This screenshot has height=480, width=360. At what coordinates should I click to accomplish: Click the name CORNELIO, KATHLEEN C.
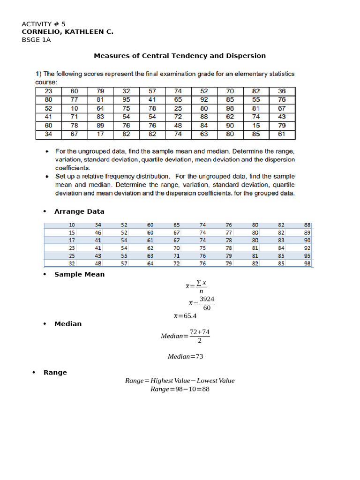[x=67, y=32]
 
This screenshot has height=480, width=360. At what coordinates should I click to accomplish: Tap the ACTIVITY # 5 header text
[x=44, y=24]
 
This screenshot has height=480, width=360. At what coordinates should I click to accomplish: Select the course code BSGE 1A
[x=36, y=40]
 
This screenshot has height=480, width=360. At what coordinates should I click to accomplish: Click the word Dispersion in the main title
[x=247, y=56]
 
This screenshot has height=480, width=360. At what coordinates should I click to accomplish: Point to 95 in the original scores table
[x=126, y=99]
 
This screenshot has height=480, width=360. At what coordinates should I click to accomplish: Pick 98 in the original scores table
[x=230, y=108]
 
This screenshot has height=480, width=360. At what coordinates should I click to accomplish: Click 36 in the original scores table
[x=281, y=91]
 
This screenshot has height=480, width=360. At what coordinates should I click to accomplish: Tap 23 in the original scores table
[x=48, y=91]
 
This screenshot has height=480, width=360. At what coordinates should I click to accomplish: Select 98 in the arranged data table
[x=307, y=263]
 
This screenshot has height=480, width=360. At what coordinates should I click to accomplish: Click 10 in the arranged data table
[x=72, y=225]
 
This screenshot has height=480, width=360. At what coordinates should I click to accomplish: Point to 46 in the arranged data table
[x=98, y=232]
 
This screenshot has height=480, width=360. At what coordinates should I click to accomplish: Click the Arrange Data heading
[x=79, y=211]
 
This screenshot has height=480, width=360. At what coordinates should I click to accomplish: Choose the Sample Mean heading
[x=79, y=274]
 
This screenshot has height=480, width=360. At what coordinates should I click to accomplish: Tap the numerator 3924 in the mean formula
[x=207, y=299]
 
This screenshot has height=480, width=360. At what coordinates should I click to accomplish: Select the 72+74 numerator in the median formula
[x=200, y=332]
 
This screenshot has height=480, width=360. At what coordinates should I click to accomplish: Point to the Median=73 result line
[x=186, y=357]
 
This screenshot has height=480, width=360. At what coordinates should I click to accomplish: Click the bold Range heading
[x=55, y=373]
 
